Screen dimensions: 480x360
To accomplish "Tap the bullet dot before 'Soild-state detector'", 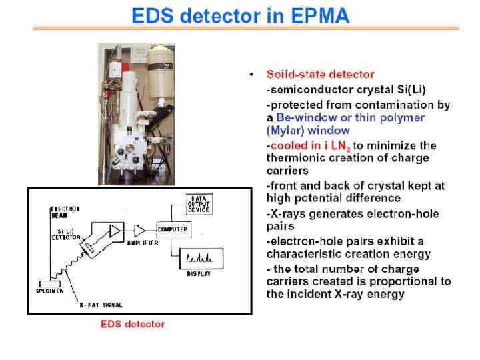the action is (251, 74).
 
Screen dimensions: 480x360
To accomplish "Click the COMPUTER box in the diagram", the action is (173, 229).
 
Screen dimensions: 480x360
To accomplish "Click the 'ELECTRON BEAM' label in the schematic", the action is (65, 212).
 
